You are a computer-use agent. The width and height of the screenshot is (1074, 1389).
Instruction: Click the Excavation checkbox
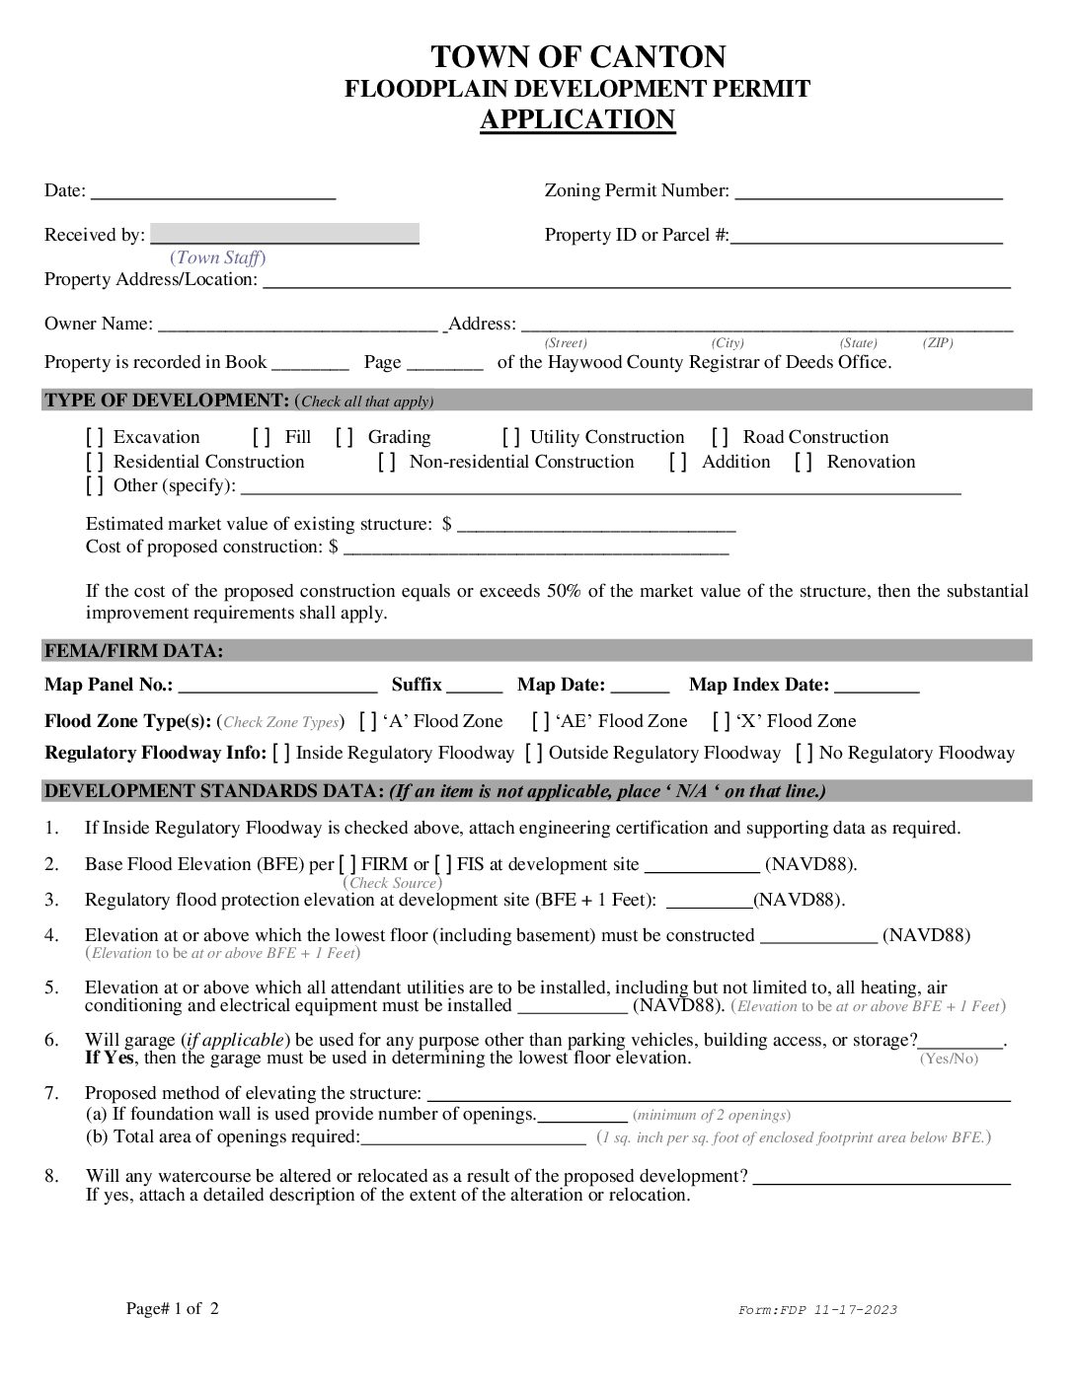coord(95,437)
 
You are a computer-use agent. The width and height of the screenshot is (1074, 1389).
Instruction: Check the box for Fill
coord(262,437)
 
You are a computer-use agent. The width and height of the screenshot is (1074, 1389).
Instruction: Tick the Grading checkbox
coord(345,437)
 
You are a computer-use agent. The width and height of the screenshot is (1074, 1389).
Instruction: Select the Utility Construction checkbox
coord(511,437)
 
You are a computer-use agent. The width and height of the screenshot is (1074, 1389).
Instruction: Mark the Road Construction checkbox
coord(721,437)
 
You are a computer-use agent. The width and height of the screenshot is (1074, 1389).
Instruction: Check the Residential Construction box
coord(95,462)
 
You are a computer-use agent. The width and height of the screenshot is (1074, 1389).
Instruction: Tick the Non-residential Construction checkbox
coord(387,462)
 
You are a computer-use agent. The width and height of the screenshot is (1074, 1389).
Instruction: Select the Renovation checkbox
coord(804,462)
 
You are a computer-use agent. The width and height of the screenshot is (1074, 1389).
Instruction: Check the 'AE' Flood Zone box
coord(541,721)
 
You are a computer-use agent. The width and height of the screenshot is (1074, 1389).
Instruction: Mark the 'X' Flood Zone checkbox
coord(722,721)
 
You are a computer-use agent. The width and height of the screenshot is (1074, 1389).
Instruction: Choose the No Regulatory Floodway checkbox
coord(805,753)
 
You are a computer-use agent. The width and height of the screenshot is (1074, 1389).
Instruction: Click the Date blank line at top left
coord(213,191)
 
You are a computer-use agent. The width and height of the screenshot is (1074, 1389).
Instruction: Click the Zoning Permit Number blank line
coord(869,191)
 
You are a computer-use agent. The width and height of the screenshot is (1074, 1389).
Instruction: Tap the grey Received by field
coord(284,234)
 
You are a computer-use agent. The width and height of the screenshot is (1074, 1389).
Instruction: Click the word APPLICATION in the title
coord(577,119)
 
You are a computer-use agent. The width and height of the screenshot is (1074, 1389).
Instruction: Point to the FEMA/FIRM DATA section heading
coord(134,651)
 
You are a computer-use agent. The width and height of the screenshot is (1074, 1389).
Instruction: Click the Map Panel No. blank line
coord(277,686)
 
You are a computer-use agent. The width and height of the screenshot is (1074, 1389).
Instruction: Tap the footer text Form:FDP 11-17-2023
coord(817,1310)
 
